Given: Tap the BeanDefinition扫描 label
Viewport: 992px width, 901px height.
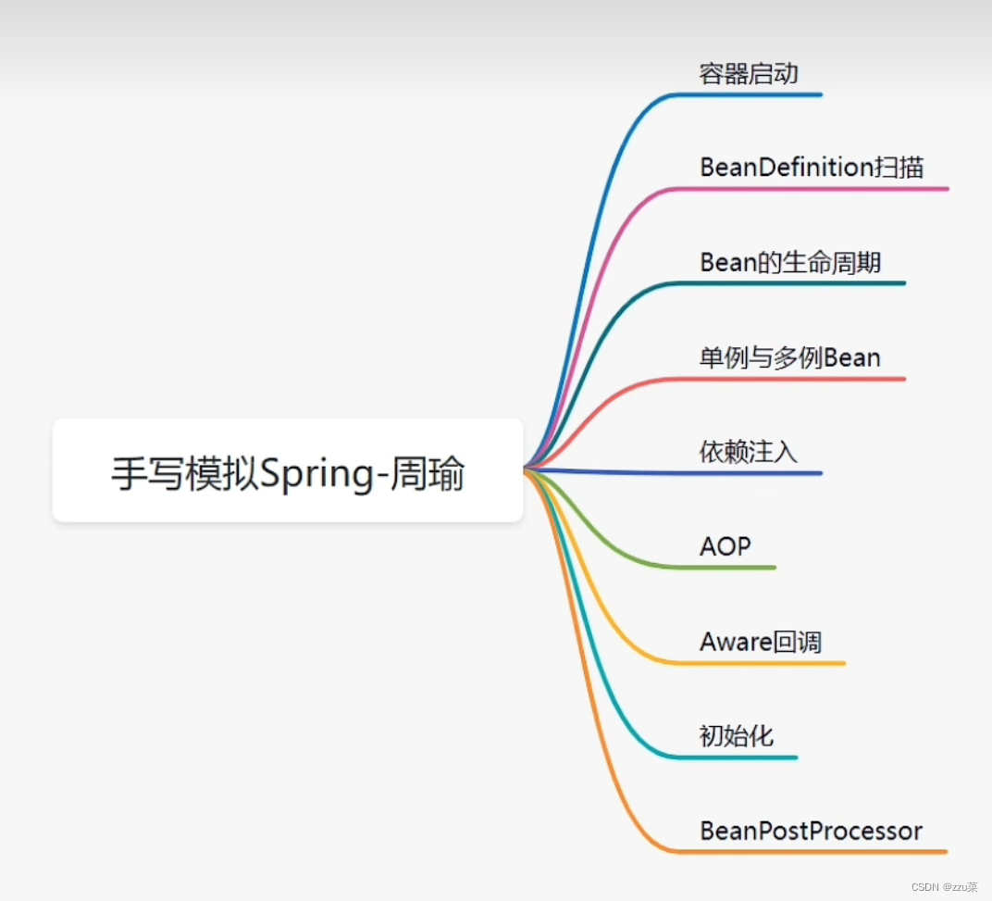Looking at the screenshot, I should pyautogui.click(x=812, y=168).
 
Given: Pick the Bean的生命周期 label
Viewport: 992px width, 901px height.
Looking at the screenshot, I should pyautogui.click(x=790, y=262).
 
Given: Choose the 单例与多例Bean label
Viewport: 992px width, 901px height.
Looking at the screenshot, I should pyautogui.click(x=789, y=357).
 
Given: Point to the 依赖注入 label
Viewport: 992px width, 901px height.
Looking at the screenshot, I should pyautogui.click(x=748, y=452).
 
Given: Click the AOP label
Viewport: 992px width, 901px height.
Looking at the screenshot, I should pyautogui.click(x=725, y=546).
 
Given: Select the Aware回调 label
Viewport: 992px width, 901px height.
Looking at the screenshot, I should pyautogui.click(x=761, y=642).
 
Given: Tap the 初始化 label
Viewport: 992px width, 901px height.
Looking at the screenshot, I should pyautogui.click(x=736, y=736).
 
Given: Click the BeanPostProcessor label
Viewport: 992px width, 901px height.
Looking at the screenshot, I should pyautogui.click(x=811, y=831).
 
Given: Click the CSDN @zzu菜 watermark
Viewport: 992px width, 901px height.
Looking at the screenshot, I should pyautogui.click(x=944, y=886).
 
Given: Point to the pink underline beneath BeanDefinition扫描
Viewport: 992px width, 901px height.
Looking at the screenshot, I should pyautogui.click(x=824, y=189).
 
